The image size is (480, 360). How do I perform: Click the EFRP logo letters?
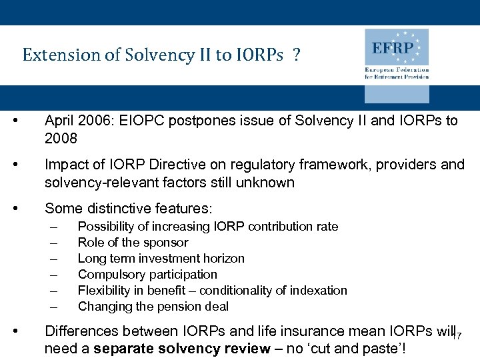coord(393,49)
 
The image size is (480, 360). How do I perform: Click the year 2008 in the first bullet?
coord(61,138)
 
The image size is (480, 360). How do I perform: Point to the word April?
coord(60,121)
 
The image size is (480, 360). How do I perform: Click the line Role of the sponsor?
coord(133,243)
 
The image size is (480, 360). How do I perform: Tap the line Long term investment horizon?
coord(161,259)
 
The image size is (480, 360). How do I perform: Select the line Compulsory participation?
coord(147,275)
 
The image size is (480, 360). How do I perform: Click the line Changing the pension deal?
coord(153,307)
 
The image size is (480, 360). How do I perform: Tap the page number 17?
coord(457,337)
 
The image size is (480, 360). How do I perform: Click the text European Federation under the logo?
coord(397,69)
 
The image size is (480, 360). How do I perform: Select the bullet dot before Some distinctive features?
coord(24,209)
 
